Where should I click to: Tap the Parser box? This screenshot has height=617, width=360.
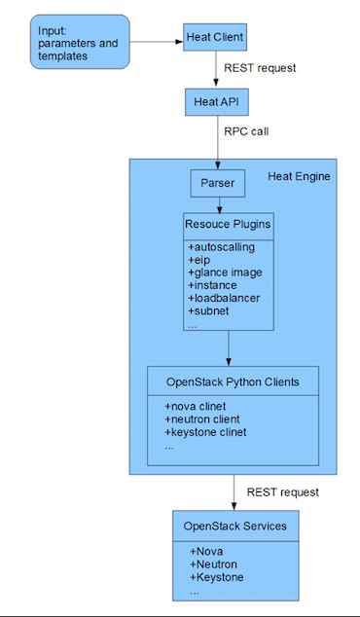pos(218,182)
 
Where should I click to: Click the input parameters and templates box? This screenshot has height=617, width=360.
pos(80,41)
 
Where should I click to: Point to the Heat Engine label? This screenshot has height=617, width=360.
pos(298,176)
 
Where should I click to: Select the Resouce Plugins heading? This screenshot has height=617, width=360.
pos(229,225)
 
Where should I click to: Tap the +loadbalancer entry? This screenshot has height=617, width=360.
pos(225,298)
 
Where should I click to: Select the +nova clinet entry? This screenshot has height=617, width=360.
pos(201,406)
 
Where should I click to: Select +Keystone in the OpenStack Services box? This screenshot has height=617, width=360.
pos(217,577)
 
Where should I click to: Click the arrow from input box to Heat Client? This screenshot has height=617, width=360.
pos(156,41)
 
